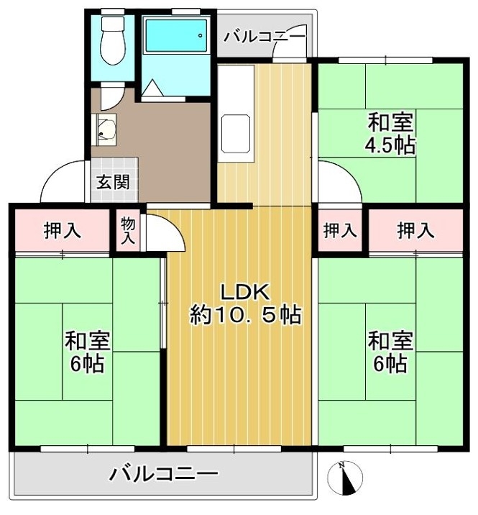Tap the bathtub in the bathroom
[x=176, y=35]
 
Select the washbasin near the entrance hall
[x=106, y=129]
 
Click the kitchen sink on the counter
[x=236, y=134]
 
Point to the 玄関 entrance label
[x=113, y=182]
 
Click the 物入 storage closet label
[x=128, y=230]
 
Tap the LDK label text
[x=245, y=292]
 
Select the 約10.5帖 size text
[x=245, y=314]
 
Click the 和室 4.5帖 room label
[x=390, y=133]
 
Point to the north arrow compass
[x=345, y=478]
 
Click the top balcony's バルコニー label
[x=265, y=36]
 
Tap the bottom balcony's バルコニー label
[x=164, y=474]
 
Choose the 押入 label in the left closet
[x=62, y=230]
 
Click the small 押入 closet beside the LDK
[x=340, y=230]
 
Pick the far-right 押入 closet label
[x=415, y=230]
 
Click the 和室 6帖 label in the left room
[x=87, y=352]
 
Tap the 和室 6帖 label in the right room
[x=390, y=352]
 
